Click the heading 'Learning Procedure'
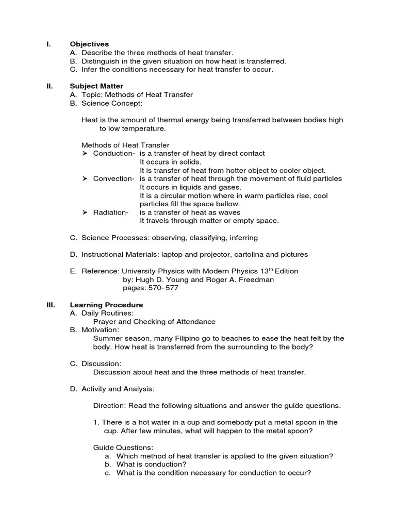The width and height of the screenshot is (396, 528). coord(106,305)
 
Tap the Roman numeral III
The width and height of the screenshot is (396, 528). coord(51,305)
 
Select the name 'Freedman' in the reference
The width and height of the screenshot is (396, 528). coord(256,279)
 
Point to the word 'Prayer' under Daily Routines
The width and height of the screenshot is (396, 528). coord(105,322)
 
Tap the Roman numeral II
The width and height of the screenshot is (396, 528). coord(49,86)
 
